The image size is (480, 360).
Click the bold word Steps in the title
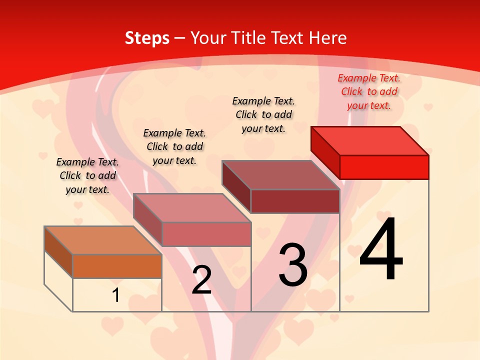pos(147,38)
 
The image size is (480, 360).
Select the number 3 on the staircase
pos(293,265)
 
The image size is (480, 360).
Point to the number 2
pos(202,280)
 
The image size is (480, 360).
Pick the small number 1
pos(116,295)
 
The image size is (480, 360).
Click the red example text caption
pos(369,91)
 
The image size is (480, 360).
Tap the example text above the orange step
pos(87,175)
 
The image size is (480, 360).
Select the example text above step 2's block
pos(174,146)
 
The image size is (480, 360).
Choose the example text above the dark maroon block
pos(263,114)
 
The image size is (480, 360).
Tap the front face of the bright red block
pos(384,167)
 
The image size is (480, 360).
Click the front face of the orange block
pos(117,266)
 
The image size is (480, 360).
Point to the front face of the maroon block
pos(295,201)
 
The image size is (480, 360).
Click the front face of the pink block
pos(206,234)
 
